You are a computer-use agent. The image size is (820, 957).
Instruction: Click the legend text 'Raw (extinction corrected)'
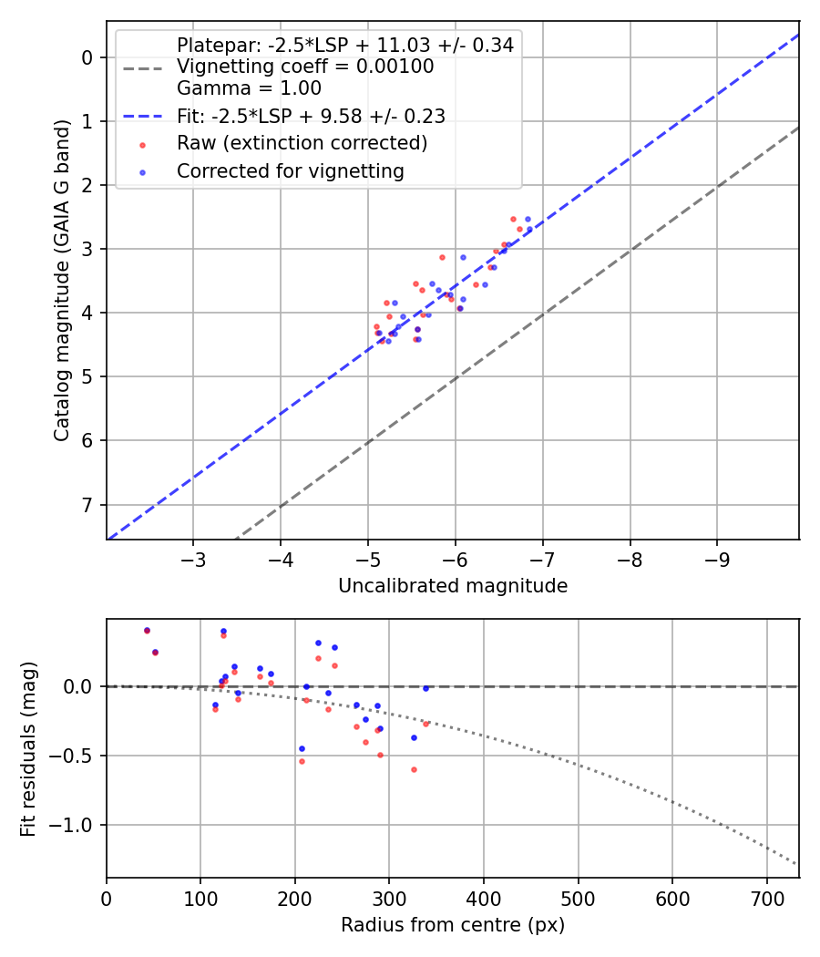[x=302, y=143]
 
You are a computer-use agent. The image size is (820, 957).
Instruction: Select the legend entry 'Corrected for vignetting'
[x=291, y=170]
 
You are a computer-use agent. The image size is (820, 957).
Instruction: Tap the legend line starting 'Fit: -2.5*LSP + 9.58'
[x=310, y=117]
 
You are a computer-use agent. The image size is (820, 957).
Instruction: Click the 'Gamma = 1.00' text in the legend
[x=249, y=88]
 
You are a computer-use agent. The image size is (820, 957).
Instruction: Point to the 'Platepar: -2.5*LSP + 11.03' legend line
[x=344, y=45]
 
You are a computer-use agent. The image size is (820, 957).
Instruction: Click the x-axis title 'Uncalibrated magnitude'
[x=453, y=586]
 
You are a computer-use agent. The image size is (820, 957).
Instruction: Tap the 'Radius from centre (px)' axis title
[x=453, y=925]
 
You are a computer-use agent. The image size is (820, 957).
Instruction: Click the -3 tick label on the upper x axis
[x=192, y=560]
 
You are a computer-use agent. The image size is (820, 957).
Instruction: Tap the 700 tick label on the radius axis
[x=766, y=898]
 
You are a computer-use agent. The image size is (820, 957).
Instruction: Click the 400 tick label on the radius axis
[x=483, y=898]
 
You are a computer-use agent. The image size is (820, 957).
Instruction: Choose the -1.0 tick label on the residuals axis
[x=77, y=825]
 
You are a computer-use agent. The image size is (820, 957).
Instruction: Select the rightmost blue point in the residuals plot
[x=425, y=688]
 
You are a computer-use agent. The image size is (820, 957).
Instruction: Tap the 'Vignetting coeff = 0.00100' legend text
[x=305, y=67]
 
